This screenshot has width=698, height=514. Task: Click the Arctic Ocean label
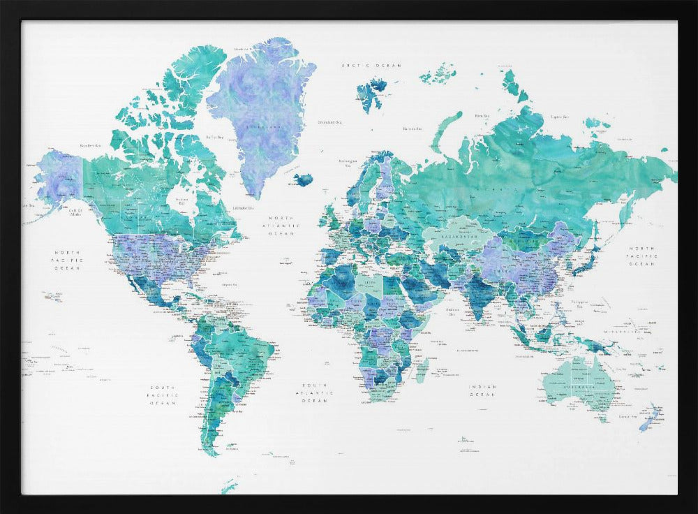(x=371, y=66)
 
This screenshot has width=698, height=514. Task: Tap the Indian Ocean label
(x=483, y=391)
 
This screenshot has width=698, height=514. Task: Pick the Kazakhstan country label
(x=461, y=237)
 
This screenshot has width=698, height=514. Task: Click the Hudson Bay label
(x=183, y=200)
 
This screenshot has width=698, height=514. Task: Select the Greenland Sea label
(x=329, y=122)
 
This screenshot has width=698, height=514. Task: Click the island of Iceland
(x=303, y=179)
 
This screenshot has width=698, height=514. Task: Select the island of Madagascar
(x=422, y=368)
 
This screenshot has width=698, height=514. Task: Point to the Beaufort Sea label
(x=91, y=145)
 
